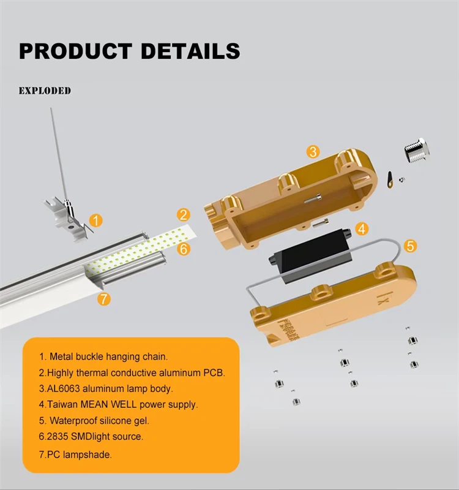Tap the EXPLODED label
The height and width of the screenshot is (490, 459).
click(45, 91)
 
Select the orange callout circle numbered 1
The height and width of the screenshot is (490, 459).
click(96, 220)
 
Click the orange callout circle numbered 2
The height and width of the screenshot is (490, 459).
click(183, 215)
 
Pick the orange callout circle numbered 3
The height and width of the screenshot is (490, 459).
click(313, 151)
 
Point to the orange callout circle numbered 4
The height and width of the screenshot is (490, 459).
click(362, 230)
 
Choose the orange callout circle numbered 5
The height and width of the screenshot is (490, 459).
click(411, 246)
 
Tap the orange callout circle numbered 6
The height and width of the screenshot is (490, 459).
click(184, 249)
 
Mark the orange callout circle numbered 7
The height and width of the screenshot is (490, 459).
click(105, 299)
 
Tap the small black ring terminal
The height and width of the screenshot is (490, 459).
click(389, 177)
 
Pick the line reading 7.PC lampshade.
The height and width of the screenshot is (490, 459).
click(75, 454)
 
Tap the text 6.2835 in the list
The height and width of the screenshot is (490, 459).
click(53, 437)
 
